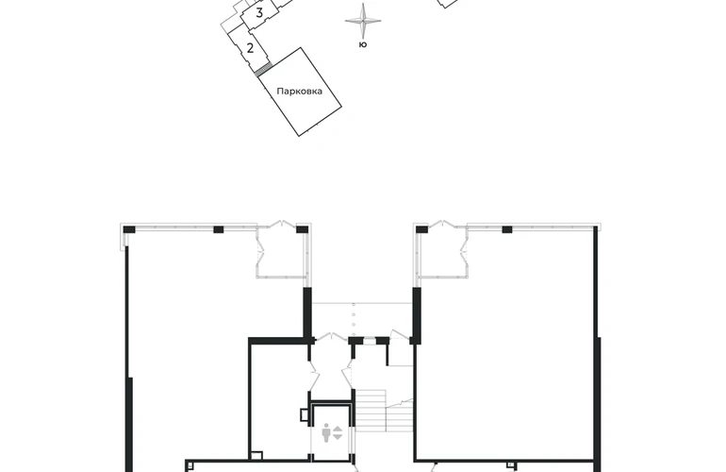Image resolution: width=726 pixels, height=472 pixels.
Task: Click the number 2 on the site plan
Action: [251, 48]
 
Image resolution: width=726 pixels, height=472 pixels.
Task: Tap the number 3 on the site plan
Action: [259, 13]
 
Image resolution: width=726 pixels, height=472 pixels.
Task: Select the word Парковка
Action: [300, 92]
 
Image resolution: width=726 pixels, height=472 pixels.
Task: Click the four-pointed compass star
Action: [363, 21]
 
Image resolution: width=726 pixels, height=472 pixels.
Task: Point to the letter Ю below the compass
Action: [363, 44]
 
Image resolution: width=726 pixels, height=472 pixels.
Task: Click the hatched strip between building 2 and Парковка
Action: [262, 70]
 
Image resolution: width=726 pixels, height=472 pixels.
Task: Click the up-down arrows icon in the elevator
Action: [338, 432]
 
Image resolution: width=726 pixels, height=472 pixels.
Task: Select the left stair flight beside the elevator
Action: [371, 411]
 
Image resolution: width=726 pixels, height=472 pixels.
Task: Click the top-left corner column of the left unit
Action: [129, 229]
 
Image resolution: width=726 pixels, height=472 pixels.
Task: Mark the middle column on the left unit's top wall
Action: [219, 229]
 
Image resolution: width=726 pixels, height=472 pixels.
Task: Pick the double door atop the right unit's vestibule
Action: [442, 225]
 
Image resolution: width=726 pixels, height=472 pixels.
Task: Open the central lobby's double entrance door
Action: [331, 337]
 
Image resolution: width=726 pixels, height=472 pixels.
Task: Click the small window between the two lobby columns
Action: [370, 341]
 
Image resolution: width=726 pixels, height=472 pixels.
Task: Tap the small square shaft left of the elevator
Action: [305, 414]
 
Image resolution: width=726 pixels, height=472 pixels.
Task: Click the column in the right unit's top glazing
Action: [507, 229]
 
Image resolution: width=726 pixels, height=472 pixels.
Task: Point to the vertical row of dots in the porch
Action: [354, 320]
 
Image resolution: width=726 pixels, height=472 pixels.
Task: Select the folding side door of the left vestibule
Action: [260, 253]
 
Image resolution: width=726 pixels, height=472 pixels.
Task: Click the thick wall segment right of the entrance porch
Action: [417, 315]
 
